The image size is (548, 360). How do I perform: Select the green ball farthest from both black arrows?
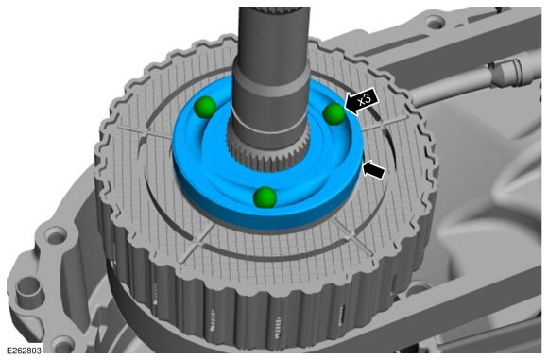[x=204, y=108]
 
